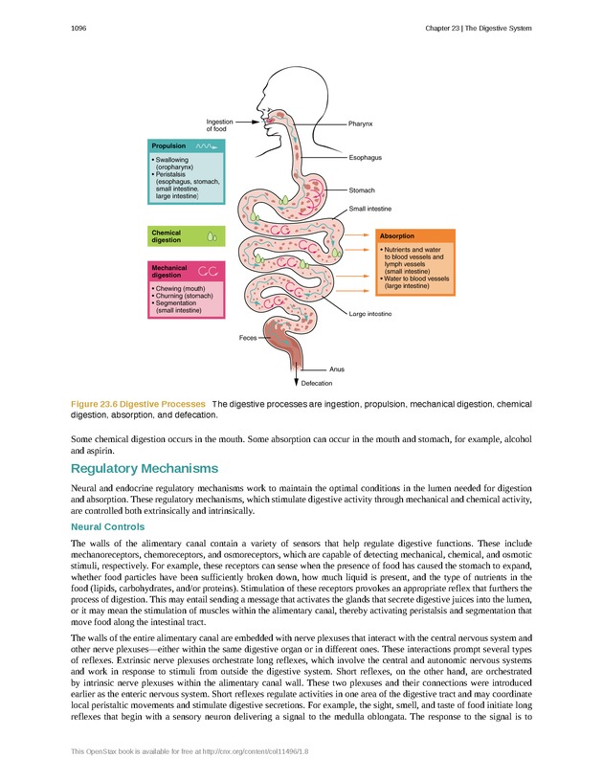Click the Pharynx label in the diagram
pos(361,123)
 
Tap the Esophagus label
pos(366,157)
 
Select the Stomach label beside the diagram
pos(362,190)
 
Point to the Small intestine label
pos(370,208)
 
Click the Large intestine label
pos(370,314)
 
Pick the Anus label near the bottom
pos(336,368)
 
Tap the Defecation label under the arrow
pos(317,383)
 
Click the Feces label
pos(249,339)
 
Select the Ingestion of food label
pos(219,124)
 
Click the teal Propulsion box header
pos(187,145)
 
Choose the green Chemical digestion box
pos(186,235)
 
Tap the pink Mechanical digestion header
pos(186,271)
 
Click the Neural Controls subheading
pos(107,527)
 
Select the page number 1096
pos(79,29)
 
